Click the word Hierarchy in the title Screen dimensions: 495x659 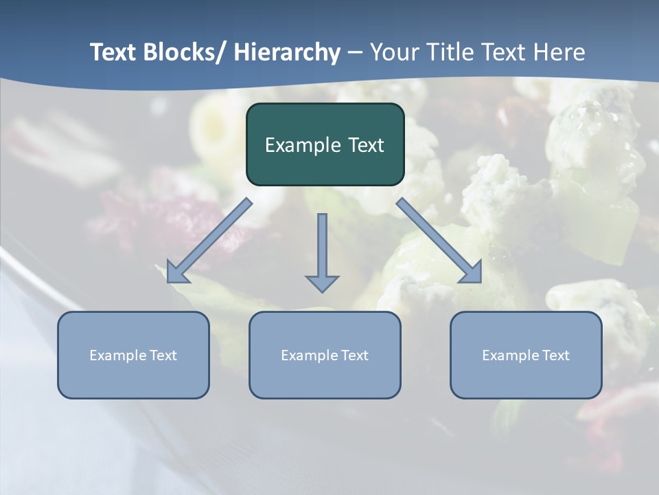287,52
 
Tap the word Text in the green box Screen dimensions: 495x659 366,145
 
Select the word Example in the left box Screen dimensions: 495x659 117,355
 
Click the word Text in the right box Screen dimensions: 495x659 555,355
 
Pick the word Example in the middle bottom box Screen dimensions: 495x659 309,355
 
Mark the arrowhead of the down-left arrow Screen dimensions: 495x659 176,272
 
